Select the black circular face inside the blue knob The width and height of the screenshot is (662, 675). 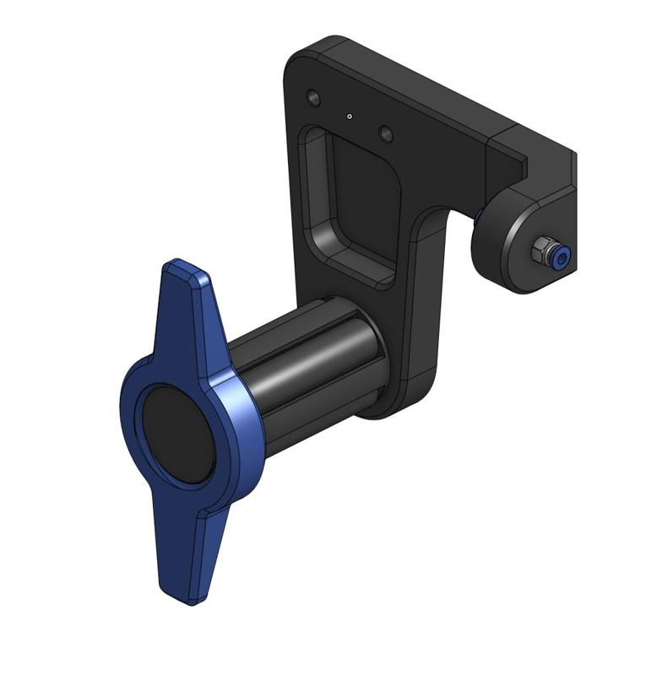(176, 435)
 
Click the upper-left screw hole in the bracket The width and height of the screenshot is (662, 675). (314, 99)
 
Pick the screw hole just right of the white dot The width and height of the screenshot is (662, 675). (386, 134)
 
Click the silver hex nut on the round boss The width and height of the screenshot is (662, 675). (540, 250)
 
